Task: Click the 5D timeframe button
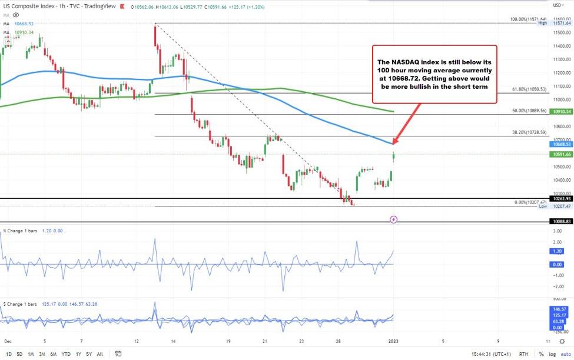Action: [x=19, y=354]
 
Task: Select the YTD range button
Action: [x=65, y=354]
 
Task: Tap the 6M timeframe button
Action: [x=53, y=354]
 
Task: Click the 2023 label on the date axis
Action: [x=393, y=341]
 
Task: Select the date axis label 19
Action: [x=228, y=341]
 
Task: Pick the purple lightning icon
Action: [x=394, y=219]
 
